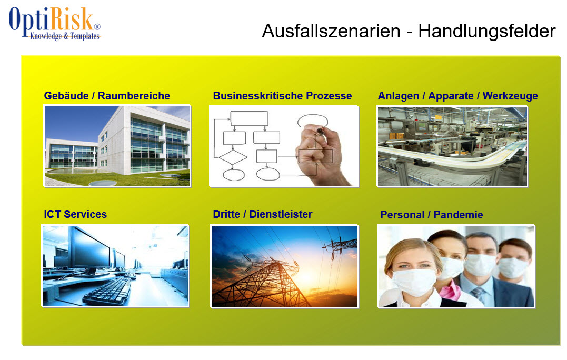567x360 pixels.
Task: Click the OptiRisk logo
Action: [55, 23]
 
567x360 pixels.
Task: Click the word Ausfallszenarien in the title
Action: [331, 32]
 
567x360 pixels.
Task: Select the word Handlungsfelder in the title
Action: [487, 31]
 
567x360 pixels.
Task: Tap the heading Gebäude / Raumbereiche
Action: [107, 96]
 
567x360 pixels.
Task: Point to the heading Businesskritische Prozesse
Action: [282, 96]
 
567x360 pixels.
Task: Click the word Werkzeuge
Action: [510, 96]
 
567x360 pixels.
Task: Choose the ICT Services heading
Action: [75, 214]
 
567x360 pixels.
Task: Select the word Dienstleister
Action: [281, 214]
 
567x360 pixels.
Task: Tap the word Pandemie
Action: [458, 215]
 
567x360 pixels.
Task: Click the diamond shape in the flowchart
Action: [233, 157]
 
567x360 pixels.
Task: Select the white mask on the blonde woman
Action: [414, 282]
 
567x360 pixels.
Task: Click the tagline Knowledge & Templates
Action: [65, 36]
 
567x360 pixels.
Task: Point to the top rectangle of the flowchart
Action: [249, 118]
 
